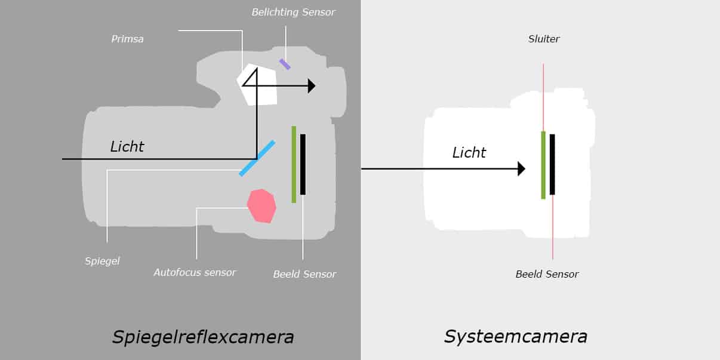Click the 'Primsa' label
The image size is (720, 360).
(x=127, y=39)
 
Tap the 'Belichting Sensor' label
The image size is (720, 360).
(x=293, y=12)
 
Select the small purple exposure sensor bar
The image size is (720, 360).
(x=285, y=64)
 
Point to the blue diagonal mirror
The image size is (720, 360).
(x=257, y=158)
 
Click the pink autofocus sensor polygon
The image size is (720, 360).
(x=262, y=206)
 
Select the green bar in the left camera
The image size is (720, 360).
(x=294, y=164)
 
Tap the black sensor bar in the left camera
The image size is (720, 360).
(x=303, y=164)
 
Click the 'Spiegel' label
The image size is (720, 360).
(x=102, y=261)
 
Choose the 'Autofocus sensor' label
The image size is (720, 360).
(x=195, y=272)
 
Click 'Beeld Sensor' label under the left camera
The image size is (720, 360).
(x=304, y=274)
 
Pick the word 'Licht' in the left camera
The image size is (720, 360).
(x=127, y=146)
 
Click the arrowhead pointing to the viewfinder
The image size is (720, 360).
(x=311, y=86)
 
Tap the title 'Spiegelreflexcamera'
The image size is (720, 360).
(x=203, y=337)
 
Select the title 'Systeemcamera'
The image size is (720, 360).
(x=515, y=336)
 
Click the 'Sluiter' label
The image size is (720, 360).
(x=544, y=39)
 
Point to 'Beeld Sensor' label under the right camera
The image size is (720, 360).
(x=547, y=274)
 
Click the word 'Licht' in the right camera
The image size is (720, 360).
(x=469, y=153)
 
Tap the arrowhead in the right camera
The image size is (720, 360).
(x=521, y=169)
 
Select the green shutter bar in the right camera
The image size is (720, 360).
(x=543, y=165)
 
